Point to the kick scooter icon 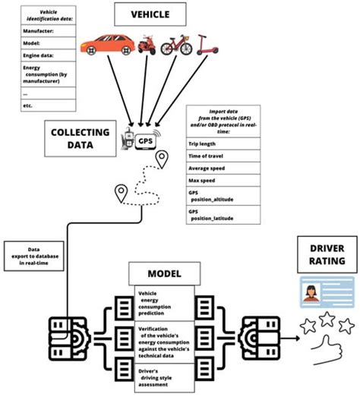(x=202, y=46)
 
